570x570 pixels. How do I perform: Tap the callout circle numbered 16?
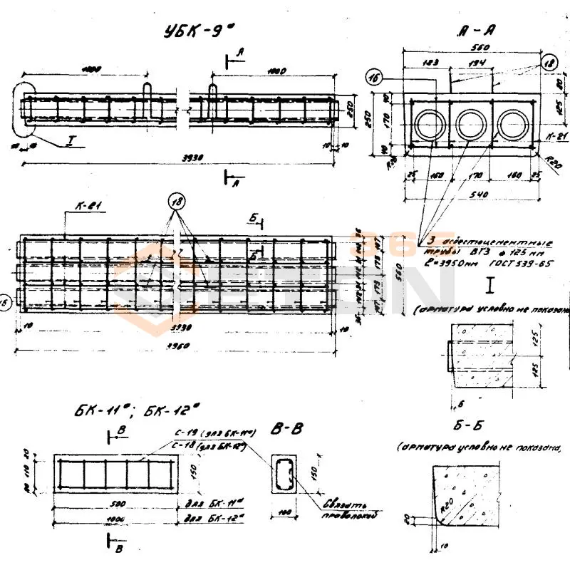click(376, 78)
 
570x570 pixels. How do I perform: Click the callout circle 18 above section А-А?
click(548, 62)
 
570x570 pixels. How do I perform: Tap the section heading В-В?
click(287, 428)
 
